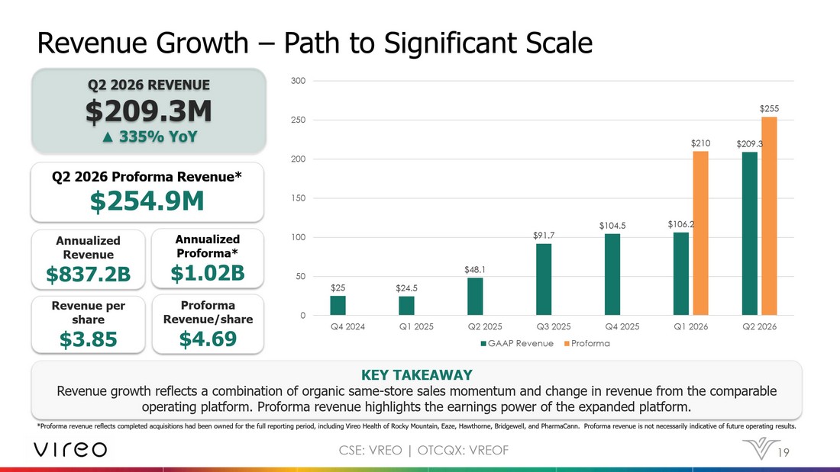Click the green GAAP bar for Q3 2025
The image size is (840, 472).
click(543, 279)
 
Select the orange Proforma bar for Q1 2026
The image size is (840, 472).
click(700, 233)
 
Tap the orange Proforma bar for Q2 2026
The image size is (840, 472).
click(769, 217)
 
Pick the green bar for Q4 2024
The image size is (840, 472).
click(338, 306)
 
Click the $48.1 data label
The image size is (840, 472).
click(475, 270)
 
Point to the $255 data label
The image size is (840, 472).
click(769, 108)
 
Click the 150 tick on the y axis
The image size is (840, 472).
click(298, 198)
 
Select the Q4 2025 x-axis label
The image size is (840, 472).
click(622, 326)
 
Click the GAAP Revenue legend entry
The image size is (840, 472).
click(517, 344)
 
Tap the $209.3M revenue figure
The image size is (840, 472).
click(148, 111)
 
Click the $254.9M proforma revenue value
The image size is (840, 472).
click(147, 201)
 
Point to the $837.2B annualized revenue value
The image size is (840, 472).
click(89, 274)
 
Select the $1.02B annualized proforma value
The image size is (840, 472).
click(208, 273)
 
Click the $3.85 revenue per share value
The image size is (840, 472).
click(89, 339)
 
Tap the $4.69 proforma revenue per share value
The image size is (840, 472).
click(208, 339)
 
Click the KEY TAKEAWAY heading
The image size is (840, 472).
click(417, 374)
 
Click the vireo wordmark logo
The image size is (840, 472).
click(70, 450)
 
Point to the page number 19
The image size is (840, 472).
click(783, 453)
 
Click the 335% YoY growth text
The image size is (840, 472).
click(150, 137)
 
